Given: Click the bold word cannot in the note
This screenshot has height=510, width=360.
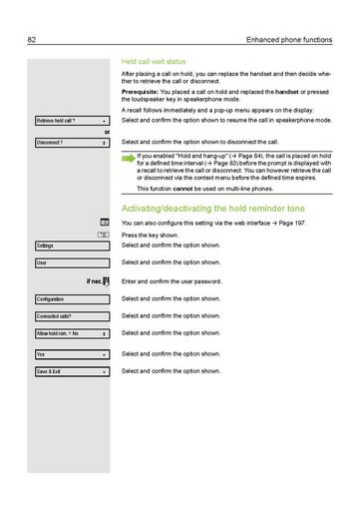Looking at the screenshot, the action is (x=178, y=189).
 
